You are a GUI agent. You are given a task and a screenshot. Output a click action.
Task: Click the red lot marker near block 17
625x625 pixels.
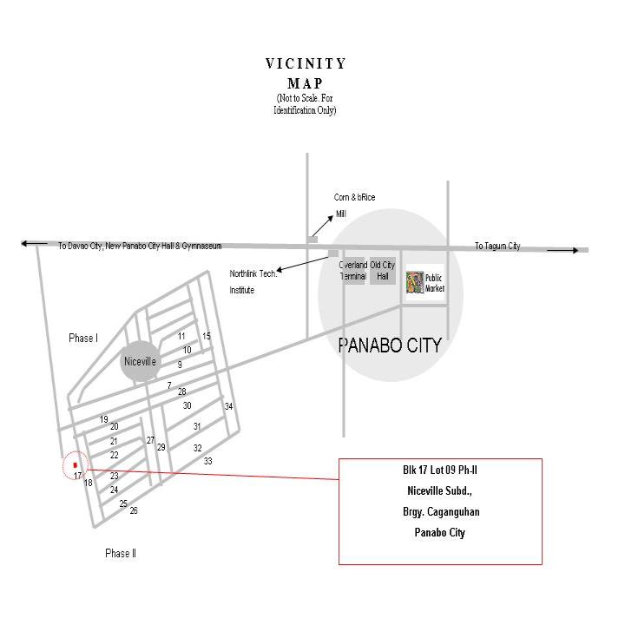click(x=76, y=465)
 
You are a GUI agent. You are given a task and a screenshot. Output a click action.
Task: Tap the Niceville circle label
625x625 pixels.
click(x=140, y=361)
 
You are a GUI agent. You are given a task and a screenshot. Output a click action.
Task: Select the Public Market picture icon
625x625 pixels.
click(x=415, y=282)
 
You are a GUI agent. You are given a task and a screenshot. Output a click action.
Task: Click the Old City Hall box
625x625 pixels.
click(x=383, y=271)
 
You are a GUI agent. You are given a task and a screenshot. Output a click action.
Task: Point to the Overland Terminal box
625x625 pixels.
click(x=353, y=271)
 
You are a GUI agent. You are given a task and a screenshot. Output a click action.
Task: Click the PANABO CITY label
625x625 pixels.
click(x=390, y=345)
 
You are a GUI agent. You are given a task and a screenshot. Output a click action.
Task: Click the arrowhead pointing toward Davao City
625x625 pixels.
click(x=24, y=243)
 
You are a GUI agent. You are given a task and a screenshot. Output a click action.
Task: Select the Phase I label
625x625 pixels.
click(x=83, y=339)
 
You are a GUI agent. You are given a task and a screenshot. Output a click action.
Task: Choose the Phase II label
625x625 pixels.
click(x=121, y=553)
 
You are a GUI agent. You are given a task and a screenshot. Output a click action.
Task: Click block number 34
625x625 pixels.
click(x=228, y=406)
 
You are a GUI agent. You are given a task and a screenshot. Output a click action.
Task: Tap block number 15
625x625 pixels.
click(x=206, y=336)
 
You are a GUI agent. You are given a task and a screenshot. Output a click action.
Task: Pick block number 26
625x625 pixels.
click(x=134, y=510)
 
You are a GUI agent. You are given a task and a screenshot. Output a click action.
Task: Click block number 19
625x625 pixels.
click(x=103, y=419)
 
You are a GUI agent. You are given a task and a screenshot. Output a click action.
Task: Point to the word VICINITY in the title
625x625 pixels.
click(x=306, y=63)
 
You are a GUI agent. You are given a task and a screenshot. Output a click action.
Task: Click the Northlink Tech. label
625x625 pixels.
click(x=253, y=273)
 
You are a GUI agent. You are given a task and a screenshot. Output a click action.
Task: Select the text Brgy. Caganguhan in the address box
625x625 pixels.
click(x=441, y=512)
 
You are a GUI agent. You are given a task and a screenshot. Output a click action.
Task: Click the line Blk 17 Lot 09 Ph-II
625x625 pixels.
click(x=440, y=470)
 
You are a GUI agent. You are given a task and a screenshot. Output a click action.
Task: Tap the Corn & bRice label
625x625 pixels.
click(x=354, y=197)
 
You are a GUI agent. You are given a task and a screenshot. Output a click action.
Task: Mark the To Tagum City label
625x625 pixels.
click(x=497, y=246)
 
